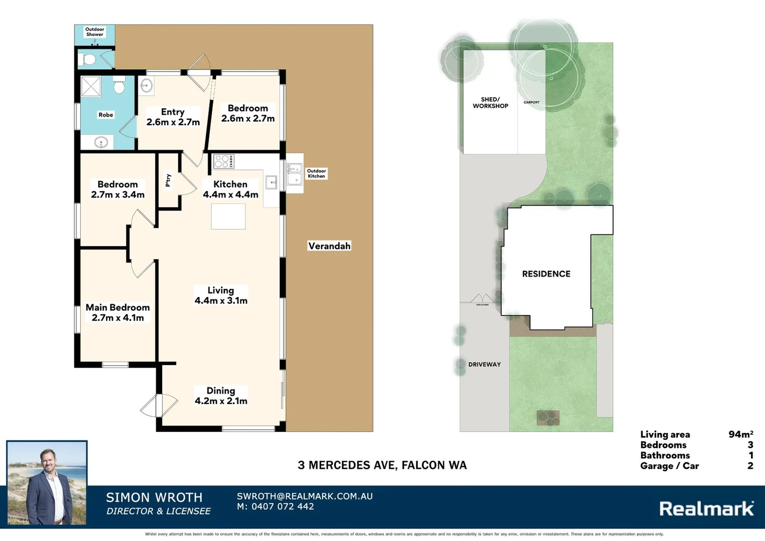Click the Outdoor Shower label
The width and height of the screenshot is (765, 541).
(94, 32)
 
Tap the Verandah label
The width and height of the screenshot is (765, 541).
(329, 246)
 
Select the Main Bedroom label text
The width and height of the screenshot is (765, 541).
(118, 308)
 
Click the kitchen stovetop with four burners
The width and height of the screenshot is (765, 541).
(223, 161)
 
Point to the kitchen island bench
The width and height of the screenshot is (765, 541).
(228, 217)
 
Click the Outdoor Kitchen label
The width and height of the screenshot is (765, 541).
(316, 173)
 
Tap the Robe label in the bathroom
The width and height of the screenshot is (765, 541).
(106, 115)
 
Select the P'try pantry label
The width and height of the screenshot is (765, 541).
(168, 180)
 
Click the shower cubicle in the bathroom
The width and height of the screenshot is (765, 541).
(91, 86)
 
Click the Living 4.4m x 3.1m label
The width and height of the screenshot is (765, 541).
(221, 296)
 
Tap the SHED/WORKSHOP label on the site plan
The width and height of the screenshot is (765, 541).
(490, 103)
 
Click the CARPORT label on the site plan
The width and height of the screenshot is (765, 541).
(532, 102)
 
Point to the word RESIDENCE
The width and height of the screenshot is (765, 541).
(546, 274)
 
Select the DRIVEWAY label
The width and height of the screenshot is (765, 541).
(484, 364)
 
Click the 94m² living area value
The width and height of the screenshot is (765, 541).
(740, 434)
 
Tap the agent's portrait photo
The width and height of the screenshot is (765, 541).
(47, 483)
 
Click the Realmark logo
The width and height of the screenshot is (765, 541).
(706, 508)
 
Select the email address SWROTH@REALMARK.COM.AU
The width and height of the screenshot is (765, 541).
(305, 496)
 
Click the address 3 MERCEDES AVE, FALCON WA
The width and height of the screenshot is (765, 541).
(382, 465)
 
